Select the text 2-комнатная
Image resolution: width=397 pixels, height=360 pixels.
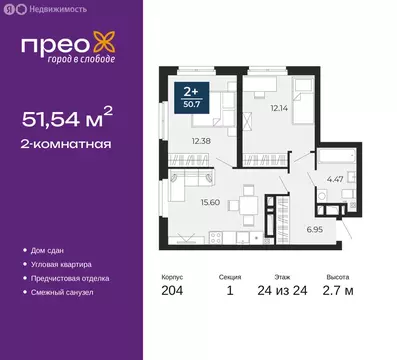66,144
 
